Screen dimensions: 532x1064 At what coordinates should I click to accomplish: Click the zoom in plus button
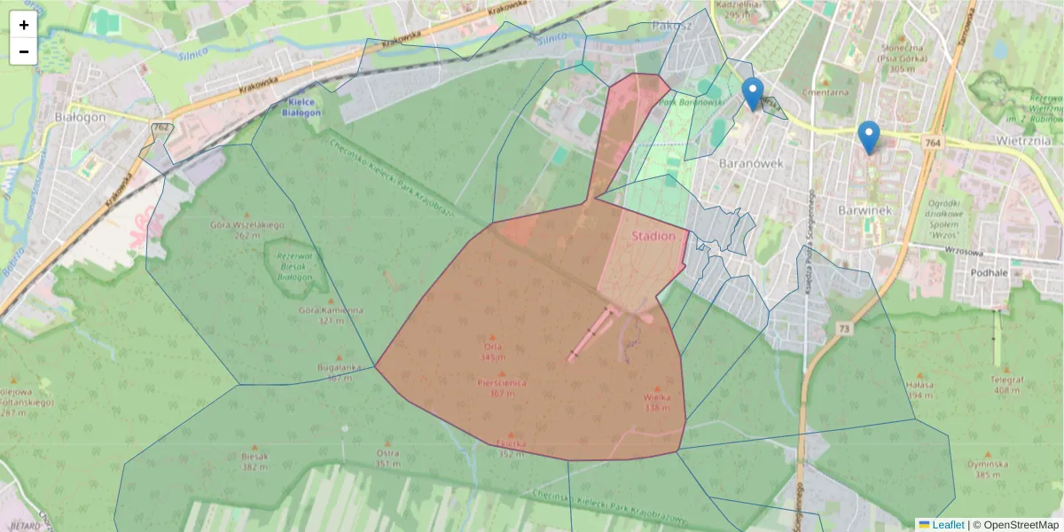23,25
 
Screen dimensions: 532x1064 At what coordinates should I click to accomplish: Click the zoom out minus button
23,51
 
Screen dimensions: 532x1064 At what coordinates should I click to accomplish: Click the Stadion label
653,237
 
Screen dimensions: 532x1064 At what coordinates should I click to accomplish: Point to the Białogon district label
80,117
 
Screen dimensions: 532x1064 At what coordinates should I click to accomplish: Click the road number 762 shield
160,128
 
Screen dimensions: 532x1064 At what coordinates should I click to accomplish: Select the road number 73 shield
842,329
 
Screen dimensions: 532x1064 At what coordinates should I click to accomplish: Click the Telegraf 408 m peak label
1007,384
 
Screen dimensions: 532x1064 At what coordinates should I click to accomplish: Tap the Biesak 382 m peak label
254,461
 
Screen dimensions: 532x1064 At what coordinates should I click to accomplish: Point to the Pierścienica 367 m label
502,387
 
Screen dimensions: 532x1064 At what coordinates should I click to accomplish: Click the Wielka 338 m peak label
657,403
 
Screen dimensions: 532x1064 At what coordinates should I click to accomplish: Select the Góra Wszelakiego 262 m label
247,230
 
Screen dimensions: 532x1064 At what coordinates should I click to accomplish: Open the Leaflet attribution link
947,525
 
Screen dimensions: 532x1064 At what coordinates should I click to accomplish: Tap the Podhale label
990,273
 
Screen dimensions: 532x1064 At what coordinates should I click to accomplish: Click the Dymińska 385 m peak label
988,468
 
